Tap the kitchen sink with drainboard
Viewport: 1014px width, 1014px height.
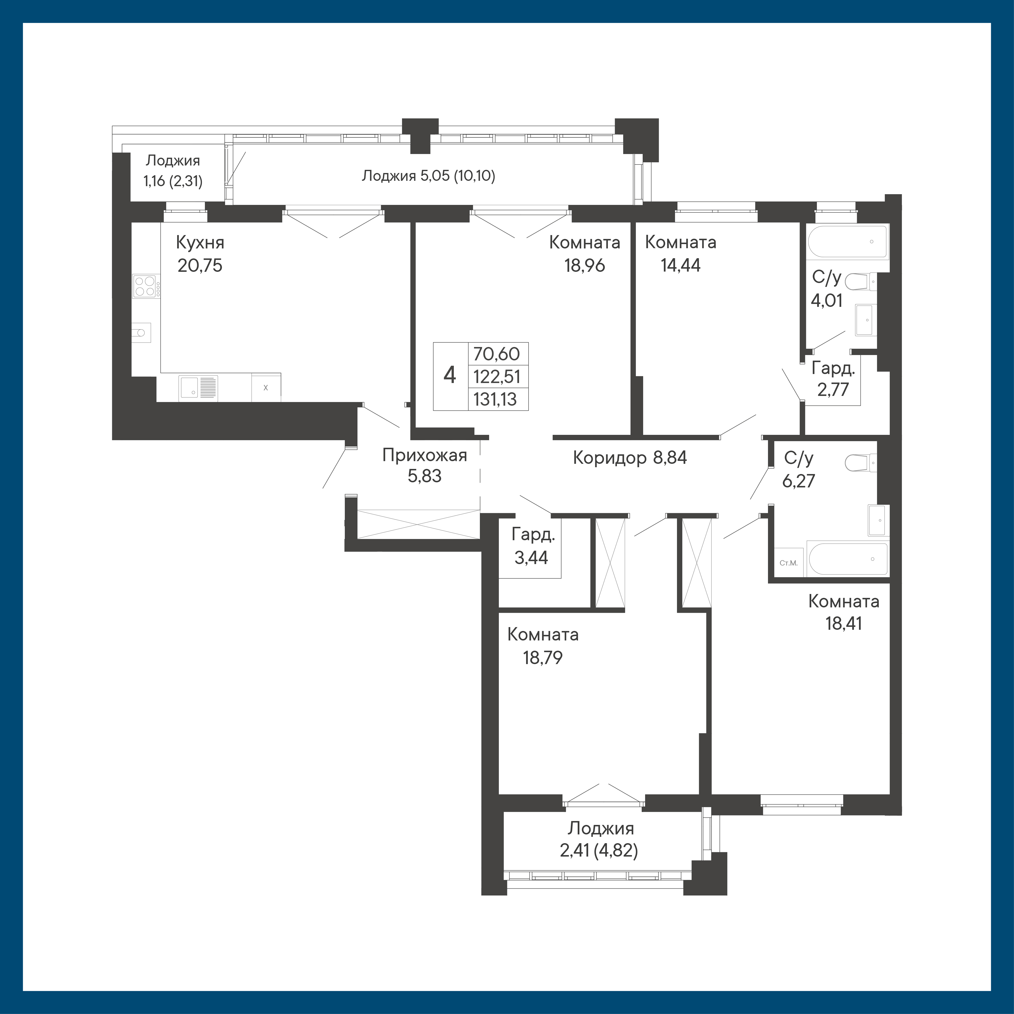[198, 388]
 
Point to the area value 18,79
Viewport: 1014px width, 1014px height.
[543, 658]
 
